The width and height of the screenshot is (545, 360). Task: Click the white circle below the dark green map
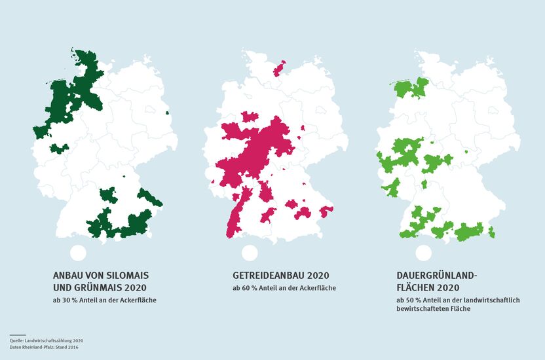77,253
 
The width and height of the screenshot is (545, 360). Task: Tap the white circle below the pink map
249,253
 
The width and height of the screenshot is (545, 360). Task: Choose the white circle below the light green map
424,253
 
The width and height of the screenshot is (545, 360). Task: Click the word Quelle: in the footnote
18,340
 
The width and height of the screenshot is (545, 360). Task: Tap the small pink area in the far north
279,68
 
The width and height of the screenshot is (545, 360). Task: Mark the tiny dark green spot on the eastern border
167,114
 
